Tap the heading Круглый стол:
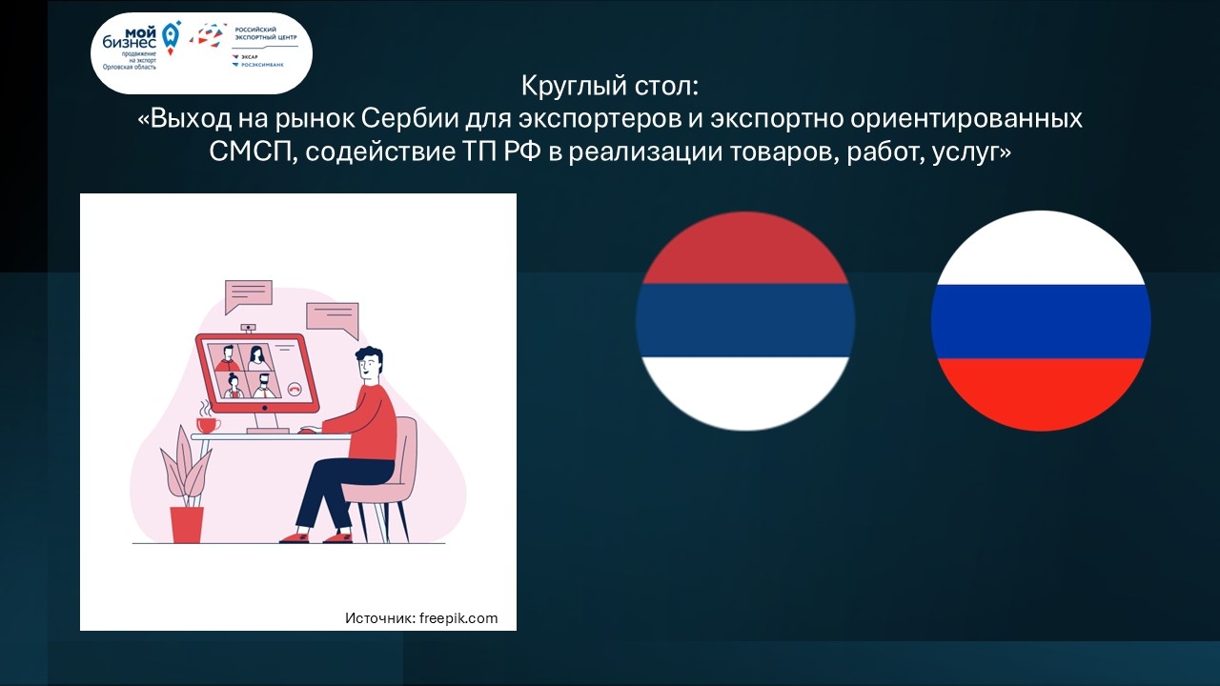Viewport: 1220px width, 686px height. click(x=609, y=86)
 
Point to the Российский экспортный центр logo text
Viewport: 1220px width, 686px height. click(x=266, y=33)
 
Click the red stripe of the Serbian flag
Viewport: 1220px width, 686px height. click(x=745, y=249)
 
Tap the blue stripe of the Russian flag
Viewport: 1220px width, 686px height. click(x=1041, y=321)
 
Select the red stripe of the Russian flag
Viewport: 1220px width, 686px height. click(x=1041, y=394)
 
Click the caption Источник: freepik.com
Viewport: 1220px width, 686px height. click(x=421, y=618)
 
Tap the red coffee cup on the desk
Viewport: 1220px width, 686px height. click(x=208, y=425)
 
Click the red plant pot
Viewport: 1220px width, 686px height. click(x=187, y=525)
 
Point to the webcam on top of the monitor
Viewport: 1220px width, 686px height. click(x=249, y=328)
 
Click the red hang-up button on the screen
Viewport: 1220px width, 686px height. click(x=295, y=388)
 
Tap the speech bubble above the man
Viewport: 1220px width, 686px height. click(x=333, y=320)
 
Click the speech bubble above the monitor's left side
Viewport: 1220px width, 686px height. click(x=249, y=296)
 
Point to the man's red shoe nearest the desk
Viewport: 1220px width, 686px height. click(x=295, y=538)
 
